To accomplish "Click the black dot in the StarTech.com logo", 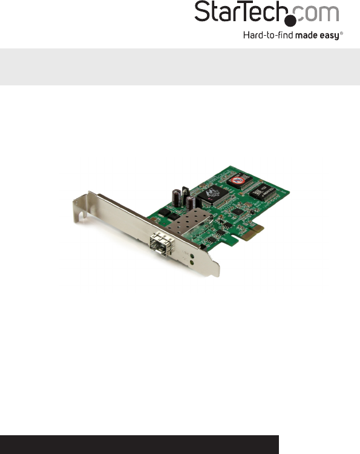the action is [290, 21].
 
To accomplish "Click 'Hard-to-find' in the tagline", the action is [268, 35].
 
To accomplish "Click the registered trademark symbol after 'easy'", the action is [341, 33].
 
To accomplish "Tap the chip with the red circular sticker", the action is [239, 180].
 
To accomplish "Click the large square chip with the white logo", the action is [213, 195].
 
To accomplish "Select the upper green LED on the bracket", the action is [192, 256].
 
